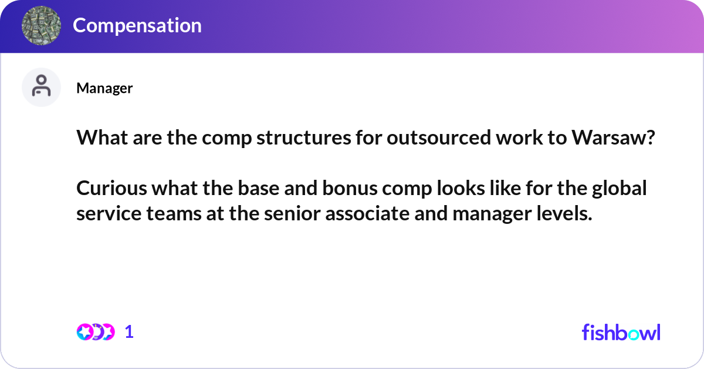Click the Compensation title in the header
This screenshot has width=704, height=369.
137,25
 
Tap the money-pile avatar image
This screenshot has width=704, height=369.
41,25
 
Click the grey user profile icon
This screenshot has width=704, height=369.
41,87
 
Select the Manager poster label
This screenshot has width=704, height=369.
104,88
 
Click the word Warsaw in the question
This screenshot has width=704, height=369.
613,137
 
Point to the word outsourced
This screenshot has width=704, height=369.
439,137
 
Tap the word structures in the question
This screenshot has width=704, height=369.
304,137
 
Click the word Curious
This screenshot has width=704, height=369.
111,188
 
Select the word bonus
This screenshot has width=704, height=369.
350,188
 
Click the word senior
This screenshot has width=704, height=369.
292,213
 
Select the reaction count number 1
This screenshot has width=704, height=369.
129,332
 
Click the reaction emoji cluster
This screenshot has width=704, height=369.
96,332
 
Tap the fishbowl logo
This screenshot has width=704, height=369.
621,333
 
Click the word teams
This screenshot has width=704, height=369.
174,213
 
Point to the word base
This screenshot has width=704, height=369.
259,188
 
